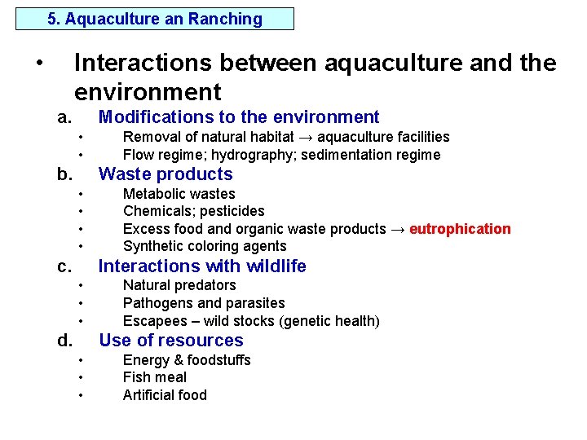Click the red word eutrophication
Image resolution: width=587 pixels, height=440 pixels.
460,229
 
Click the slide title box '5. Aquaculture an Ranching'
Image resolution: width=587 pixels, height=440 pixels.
155,19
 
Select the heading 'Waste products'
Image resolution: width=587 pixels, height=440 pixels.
166,174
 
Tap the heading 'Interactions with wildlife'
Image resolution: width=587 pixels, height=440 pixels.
202,266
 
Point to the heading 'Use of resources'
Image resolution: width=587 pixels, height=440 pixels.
170,341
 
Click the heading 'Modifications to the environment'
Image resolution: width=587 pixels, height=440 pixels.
239,117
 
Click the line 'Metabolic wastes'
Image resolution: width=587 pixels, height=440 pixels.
179,194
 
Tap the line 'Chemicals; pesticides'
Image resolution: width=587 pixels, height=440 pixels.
193,212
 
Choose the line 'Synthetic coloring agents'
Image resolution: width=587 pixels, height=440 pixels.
205,246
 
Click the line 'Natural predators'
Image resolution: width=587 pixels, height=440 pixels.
179,285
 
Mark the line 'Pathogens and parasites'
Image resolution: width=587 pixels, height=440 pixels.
204,303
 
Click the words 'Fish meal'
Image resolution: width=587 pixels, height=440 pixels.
154,377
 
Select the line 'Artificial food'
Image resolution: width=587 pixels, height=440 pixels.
165,395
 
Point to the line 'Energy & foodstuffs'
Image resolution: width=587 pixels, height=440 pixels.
187,360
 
